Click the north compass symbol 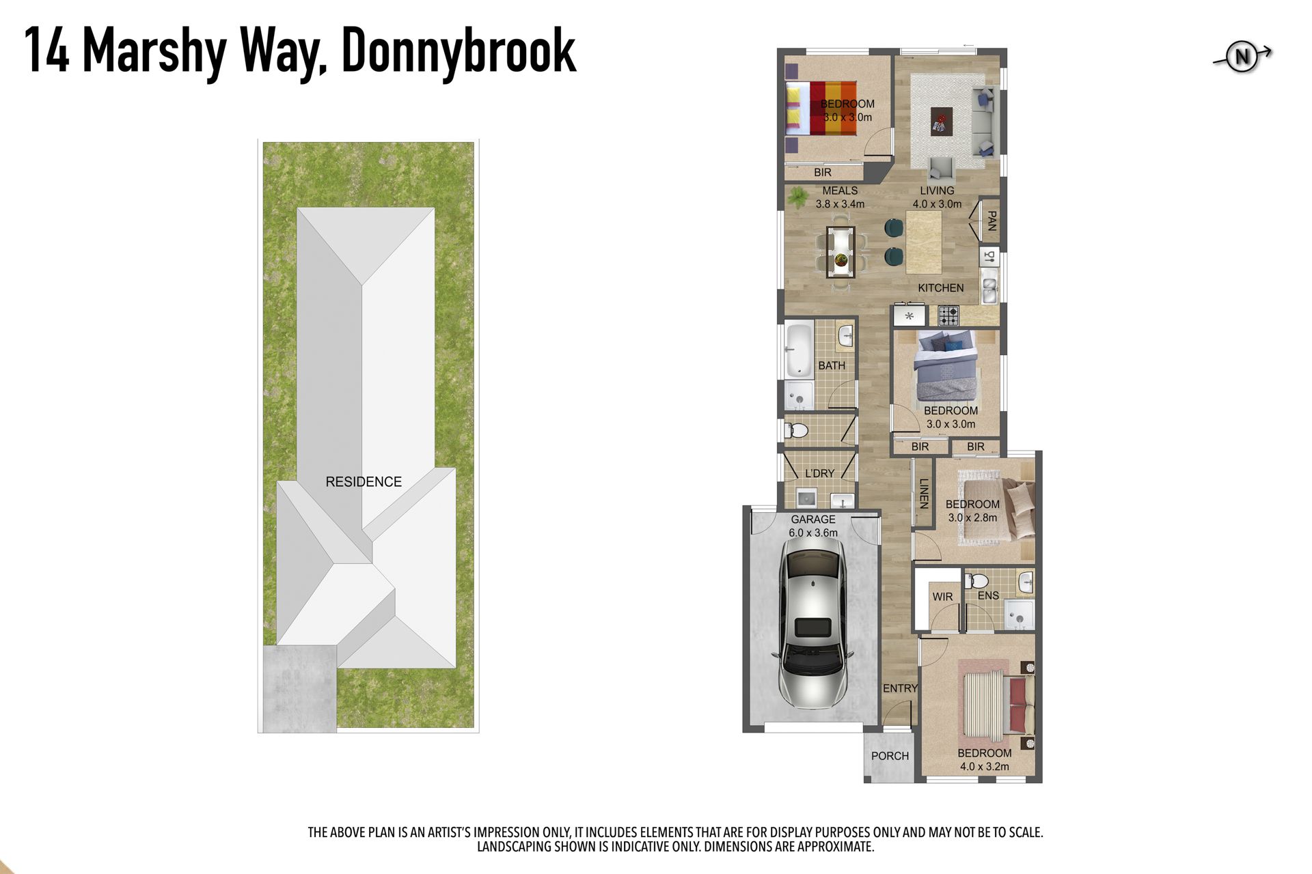tap(1242, 57)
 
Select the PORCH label tap(890, 756)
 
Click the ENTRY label tap(900, 688)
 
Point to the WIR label tap(942, 597)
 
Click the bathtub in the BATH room tap(798, 350)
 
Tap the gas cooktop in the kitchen tap(948, 315)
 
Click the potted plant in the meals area tap(796, 198)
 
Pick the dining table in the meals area tap(840, 252)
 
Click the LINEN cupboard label tap(923, 494)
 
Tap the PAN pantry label tap(992, 221)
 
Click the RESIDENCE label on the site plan tap(364, 482)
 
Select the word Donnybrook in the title tap(459, 51)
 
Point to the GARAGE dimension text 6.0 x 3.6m tap(813, 533)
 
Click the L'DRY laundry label tap(819, 473)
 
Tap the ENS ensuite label tap(988, 595)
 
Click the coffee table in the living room tap(941, 122)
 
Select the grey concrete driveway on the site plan tap(299, 688)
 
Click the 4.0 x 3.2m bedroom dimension tap(985, 766)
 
